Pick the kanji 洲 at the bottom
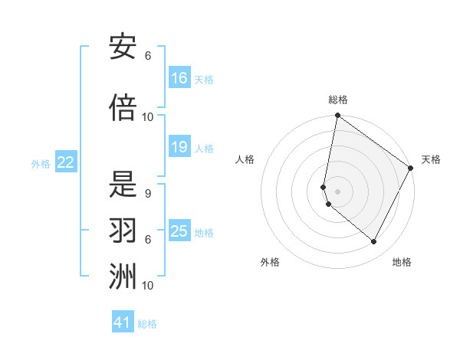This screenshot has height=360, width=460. [x=123, y=277]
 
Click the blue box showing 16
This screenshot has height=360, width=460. [x=179, y=78]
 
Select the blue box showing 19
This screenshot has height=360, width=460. [x=179, y=147]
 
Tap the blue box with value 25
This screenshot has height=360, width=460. [x=179, y=231]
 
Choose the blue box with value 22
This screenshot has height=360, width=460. [x=66, y=162]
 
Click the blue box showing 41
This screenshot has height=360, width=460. [x=123, y=322]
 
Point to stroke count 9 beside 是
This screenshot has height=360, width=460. [x=147, y=194]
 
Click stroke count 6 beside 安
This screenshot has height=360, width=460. [x=147, y=56]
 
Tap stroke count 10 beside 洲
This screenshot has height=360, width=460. [x=148, y=286]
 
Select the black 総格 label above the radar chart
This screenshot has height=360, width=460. [x=338, y=100]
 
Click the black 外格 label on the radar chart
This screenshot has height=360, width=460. [x=270, y=262]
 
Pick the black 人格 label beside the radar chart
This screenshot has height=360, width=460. [x=245, y=159]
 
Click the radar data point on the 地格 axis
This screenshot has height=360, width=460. [x=374, y=242]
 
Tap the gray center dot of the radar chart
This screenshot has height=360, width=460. [x=338, y=191]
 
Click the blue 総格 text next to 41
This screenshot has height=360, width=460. [x=147, y=324]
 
